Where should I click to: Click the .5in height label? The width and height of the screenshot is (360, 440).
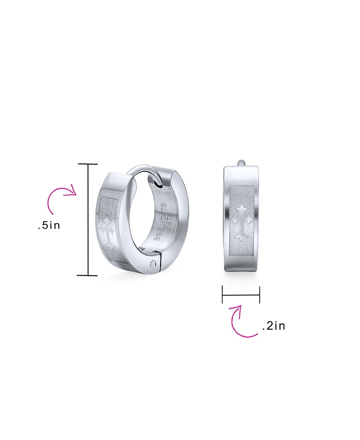pos(49,225)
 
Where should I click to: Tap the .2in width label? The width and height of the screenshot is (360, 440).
pos(273,326)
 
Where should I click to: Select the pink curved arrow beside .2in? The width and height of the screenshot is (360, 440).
pos(241,321)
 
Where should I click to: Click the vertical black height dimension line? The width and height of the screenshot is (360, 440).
pos(88,220)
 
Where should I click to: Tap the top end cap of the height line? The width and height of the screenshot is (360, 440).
pos(88,164)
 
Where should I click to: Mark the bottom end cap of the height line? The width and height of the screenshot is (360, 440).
pos(88,275)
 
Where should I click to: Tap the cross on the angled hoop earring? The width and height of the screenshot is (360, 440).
pos(107,231)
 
